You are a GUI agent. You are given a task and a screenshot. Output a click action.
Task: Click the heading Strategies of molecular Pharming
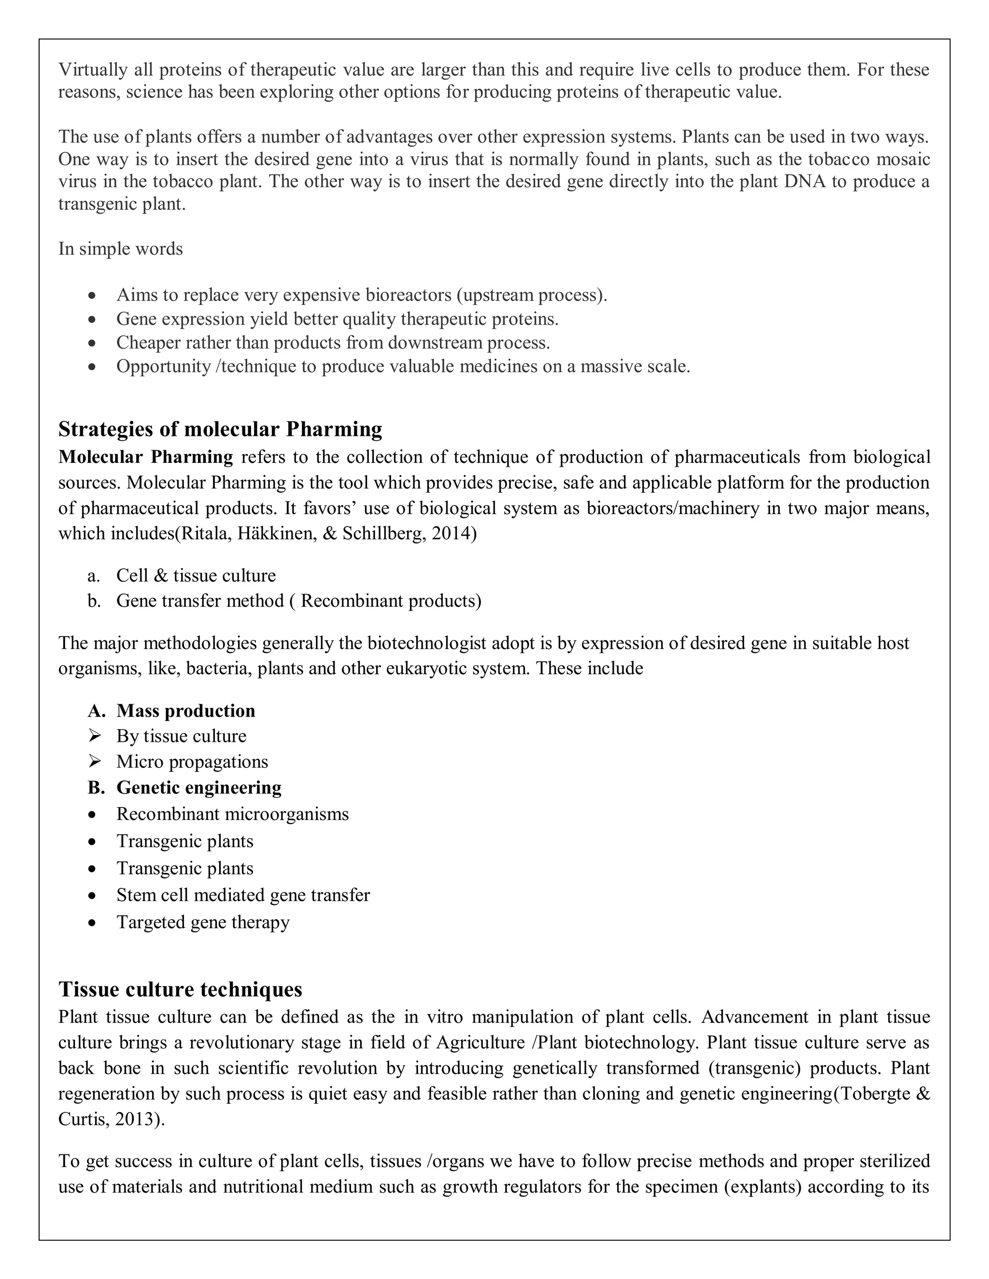[x=220, y=429]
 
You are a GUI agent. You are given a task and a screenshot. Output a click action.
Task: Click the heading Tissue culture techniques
[x=181, y=989]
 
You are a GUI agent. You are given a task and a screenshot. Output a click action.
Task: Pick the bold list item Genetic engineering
[x=198, y=788]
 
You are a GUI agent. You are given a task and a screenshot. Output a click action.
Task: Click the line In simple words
[x=121, y=249]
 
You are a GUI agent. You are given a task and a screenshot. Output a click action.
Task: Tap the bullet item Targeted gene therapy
[x=203, y=922]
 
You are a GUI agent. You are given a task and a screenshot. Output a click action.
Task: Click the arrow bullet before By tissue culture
[x=94, y=736]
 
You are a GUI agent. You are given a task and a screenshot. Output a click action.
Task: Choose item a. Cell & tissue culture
[x=196, y=575]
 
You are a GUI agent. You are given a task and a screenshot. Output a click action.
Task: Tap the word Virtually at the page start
[x=93, y=70]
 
